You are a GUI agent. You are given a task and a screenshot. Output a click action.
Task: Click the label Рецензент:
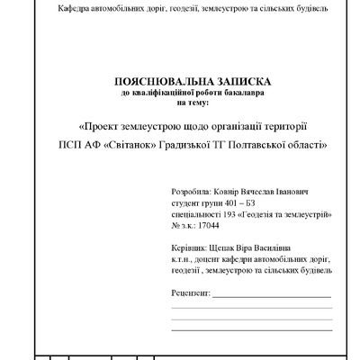coord(190,293)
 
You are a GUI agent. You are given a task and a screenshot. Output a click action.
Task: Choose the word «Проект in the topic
coord(106,124)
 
